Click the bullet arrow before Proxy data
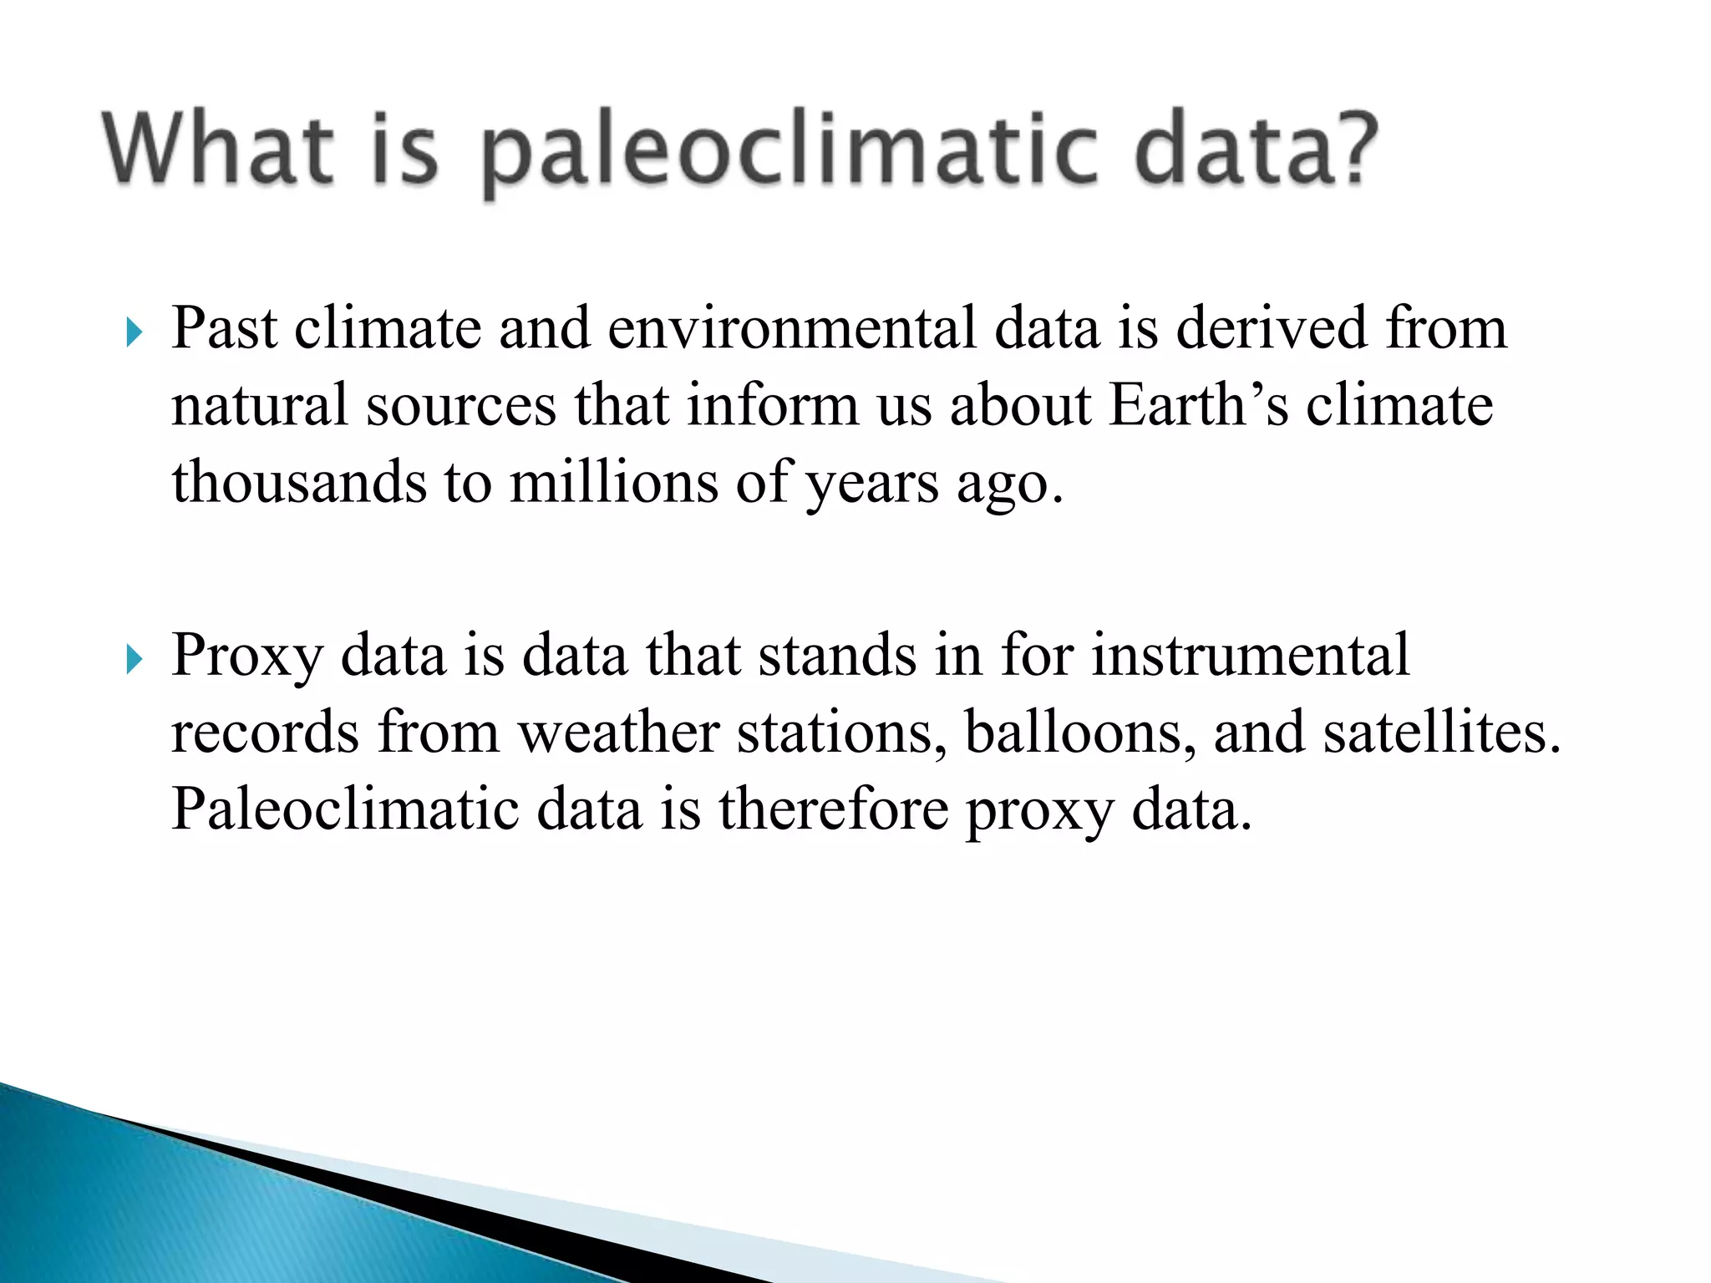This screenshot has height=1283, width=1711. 134,660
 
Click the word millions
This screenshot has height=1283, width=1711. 613,482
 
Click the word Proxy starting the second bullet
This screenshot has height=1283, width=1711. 246,657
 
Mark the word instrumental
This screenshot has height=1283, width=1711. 1251,655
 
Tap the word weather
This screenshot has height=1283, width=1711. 618,733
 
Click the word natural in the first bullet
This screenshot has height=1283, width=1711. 259,405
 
